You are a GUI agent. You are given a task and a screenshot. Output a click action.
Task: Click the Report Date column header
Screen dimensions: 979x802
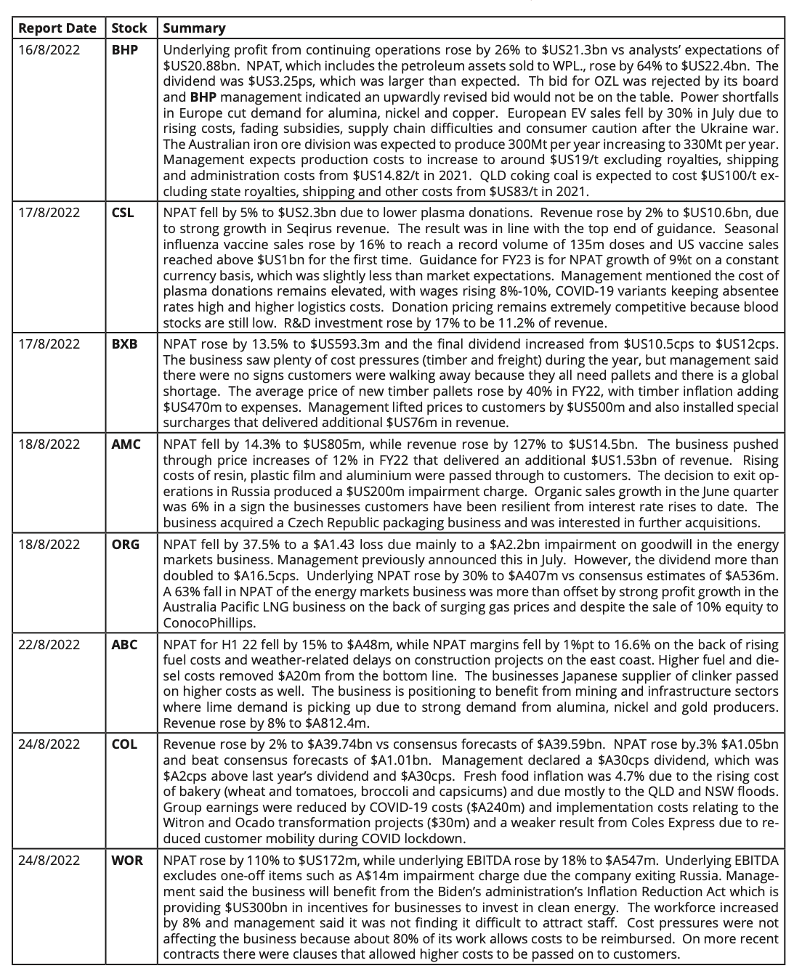57,28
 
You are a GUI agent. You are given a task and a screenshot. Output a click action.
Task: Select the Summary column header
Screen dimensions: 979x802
194,28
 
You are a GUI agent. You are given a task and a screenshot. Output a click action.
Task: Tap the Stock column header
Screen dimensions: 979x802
129,28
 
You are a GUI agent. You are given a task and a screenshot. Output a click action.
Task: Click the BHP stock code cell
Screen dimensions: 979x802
125,50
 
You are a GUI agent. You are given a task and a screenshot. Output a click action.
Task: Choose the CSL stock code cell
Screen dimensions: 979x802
123,214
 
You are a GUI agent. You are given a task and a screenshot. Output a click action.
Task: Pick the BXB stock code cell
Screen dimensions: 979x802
124,344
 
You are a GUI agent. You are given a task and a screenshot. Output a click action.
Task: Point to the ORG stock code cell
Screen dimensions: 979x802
126,544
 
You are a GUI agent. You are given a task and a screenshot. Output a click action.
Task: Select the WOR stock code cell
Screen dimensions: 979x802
127,861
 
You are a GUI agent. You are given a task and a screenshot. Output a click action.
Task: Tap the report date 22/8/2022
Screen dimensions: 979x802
49,644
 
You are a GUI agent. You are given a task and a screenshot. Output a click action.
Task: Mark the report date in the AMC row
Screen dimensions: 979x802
49,444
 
